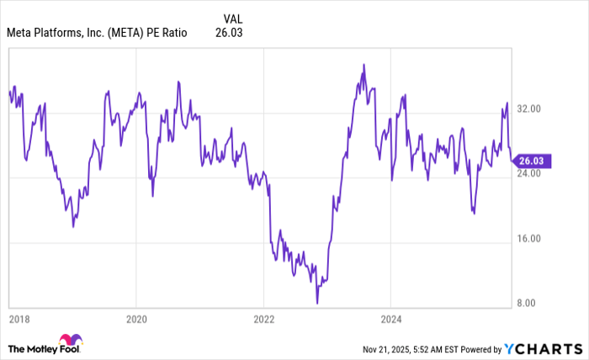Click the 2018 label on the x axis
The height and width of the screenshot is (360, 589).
(x=19, y=320)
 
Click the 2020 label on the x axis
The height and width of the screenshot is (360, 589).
(x=136, y=320)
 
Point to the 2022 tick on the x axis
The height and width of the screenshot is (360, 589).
(x=263, y=320)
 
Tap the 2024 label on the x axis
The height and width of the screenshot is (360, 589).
(x=390, y=320)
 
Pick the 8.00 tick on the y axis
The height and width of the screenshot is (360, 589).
(x=528, y=303)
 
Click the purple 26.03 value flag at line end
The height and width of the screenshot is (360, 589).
(x=531, y=161)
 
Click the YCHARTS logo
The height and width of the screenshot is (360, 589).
(x=540, y=348)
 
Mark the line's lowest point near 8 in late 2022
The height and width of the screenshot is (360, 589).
(x=317, y=302)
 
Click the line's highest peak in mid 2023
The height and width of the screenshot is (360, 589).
(x=363, y=64)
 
